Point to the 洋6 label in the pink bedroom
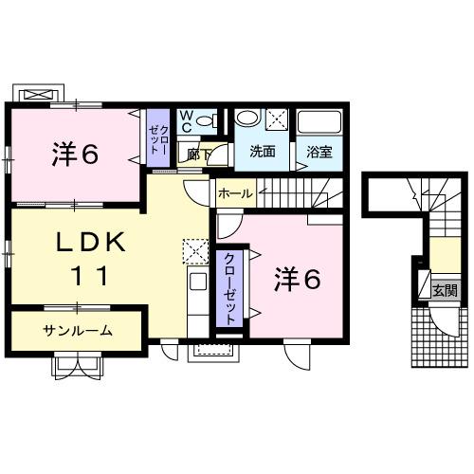[x=297, y=280]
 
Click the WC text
[x=188, y=121]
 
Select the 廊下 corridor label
[x=199, y=153]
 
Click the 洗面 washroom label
[x=262, y=152]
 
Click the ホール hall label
[x=235, y=193]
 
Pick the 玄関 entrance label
[x=444, y=291]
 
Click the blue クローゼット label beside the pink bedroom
[x=229, y=287]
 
